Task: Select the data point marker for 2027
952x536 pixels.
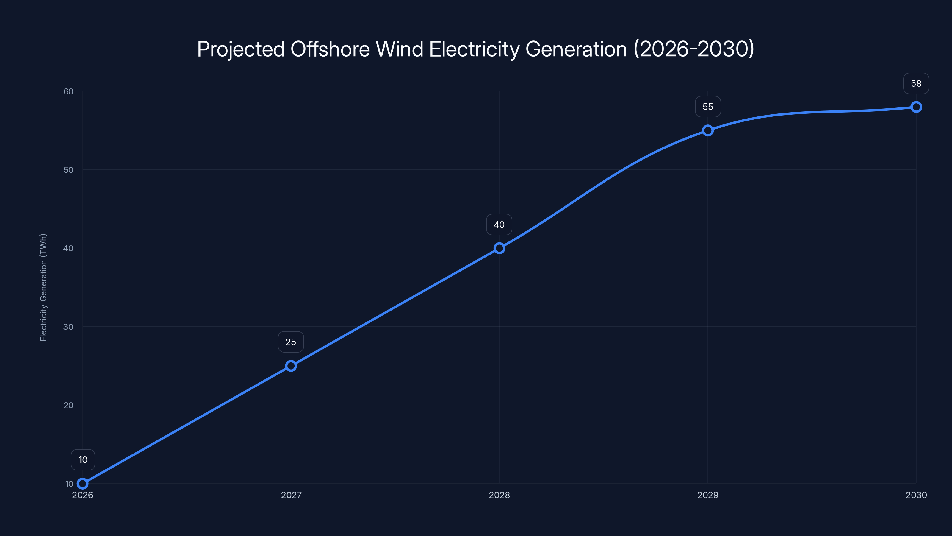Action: pos(291,366)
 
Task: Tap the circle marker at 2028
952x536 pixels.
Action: pos(499,248)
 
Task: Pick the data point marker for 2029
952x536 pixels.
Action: pos(708,130)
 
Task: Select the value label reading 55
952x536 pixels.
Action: pos(708,107)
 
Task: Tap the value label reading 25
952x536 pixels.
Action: pos(291,342)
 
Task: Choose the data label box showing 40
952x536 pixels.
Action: pos(499,225)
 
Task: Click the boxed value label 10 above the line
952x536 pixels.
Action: pos(83,460)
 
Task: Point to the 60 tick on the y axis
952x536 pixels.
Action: pos(68,91)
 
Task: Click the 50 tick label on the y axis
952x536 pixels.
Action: pos(68,170)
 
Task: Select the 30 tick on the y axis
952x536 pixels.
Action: pos(68,327)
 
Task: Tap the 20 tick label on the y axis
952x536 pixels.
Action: pos(68,405)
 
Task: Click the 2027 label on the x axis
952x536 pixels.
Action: pos(291,495)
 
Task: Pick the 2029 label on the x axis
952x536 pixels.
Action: pos(708,495)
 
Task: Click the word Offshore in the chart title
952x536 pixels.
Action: pos(330,49)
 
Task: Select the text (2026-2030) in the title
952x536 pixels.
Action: pos(694,49)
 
